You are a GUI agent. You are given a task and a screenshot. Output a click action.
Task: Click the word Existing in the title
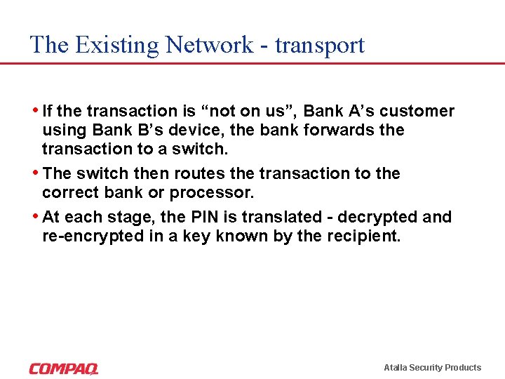click(x=117, y=45)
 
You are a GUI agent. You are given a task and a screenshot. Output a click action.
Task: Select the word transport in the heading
click(x=321, y=45)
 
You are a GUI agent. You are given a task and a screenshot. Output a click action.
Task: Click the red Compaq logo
click(x=64, y=368)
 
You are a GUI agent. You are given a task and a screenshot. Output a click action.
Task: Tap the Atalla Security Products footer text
click(x=432, y=368)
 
